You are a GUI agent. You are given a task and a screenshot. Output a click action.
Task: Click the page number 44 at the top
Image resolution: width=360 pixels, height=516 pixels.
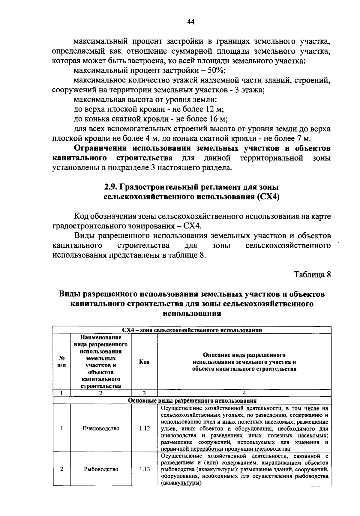pyautogui.click(x=191, y=22)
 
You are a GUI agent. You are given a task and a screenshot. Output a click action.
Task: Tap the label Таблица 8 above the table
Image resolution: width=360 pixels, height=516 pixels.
pyautogui.click(x=312, y=274)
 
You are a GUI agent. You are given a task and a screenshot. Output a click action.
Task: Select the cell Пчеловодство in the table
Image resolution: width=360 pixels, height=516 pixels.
pyautogui.click(x=101, y=428)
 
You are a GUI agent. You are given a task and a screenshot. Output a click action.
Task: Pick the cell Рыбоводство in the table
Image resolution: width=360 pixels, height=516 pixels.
pyautogui.click(x=101, y=469)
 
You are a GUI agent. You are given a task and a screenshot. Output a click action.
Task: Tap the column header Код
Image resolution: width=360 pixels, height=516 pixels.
pyautogui.click(x=144, y=362)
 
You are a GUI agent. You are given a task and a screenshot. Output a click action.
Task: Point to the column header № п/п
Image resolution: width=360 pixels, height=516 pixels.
pyautogui.click(x=61, y=362)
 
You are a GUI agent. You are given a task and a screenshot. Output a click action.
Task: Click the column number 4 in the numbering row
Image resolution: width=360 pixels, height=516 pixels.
pyautogui.click(x=244, y=393)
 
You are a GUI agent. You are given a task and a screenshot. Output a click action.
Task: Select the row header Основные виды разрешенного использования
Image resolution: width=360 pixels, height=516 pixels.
pyautogui.click(x=192, y=401)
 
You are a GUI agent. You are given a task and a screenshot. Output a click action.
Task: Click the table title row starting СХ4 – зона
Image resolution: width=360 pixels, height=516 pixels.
pyautogui.click(x=192, y=330)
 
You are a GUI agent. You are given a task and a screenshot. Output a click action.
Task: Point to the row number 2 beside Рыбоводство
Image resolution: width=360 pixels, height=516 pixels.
pyautogui.click(x=61, y=469)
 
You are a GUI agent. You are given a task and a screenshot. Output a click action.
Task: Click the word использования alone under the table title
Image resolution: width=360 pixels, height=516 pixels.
pyautogui.click(x=192, y=314)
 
